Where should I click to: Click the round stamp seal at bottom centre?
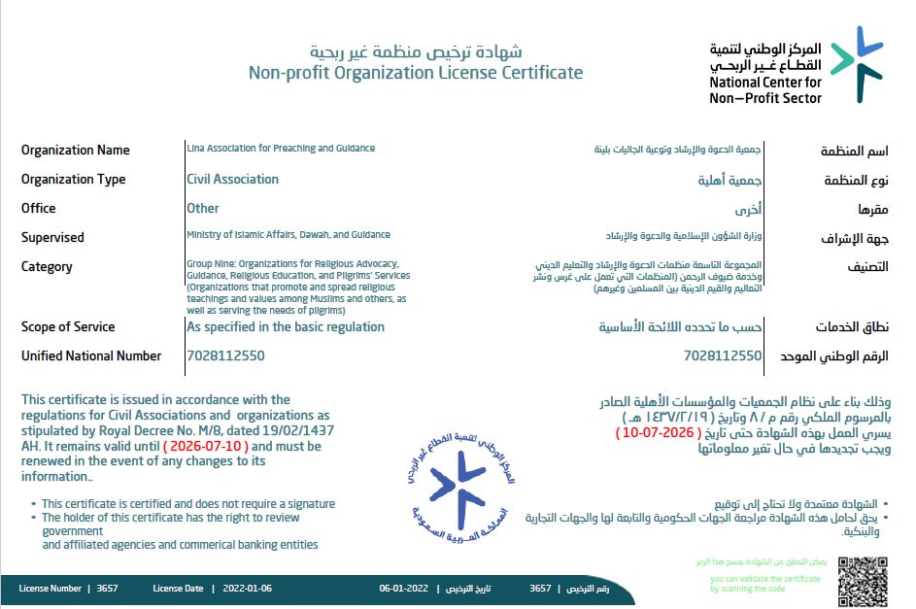point(458,484)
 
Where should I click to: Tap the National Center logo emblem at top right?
point(857,63)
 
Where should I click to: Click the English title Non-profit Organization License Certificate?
point(416,72)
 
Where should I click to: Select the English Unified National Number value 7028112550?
point(225,355)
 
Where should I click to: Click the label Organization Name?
point(75,150)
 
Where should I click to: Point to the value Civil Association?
point(232,179)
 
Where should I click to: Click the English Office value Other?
point(203,208)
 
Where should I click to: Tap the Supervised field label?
point(52,237)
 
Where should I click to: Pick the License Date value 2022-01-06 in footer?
point(248,589)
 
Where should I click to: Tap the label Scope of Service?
point(68,326)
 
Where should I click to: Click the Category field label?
point(47,266)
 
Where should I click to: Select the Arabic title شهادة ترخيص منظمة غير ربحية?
point(416,51)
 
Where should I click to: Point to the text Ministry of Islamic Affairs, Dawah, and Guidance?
point(288,234)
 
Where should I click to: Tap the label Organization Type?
point(73,179)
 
